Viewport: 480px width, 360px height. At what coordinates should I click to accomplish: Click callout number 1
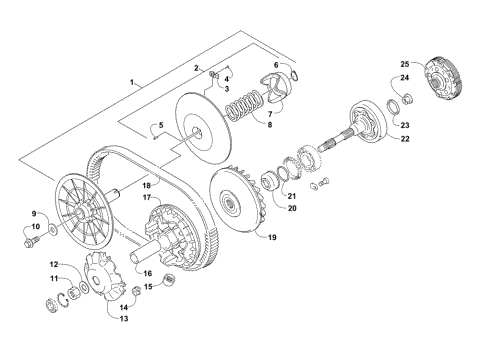click(131, 80)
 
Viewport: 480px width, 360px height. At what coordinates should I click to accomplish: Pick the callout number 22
click(405, 139)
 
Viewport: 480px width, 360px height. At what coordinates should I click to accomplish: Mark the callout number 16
click(145, 272)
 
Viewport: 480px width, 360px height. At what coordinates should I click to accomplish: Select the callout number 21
click(293, 194)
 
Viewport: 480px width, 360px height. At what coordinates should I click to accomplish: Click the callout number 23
click(405, 125)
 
